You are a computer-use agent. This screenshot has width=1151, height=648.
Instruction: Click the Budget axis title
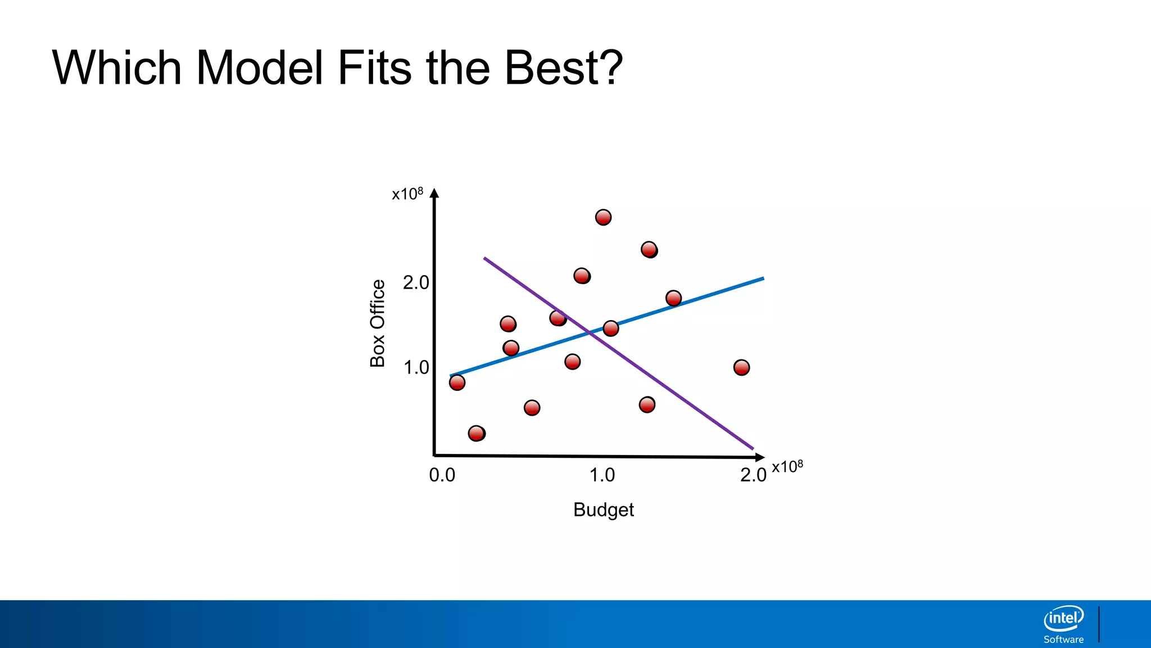coord(603,510)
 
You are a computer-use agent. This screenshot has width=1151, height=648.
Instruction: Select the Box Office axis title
coord(378,323)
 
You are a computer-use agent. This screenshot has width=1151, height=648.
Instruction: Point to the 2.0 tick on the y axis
coord(416,282)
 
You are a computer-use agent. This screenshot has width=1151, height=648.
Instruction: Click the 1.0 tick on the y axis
coord(416,368)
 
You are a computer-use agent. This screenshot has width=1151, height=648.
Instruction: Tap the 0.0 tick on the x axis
coord(442,475)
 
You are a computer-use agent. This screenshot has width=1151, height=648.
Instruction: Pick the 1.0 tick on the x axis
coord(602,475)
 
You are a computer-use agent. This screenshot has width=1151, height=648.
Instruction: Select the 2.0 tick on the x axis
coord(753,475)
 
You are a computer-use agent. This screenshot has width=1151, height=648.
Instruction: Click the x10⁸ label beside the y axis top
coord(407,194)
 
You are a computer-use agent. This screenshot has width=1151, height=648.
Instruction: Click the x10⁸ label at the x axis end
coord(787,467)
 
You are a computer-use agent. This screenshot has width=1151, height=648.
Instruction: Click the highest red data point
coord(603,217)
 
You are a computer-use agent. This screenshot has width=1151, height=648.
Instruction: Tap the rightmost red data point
coord(741,367)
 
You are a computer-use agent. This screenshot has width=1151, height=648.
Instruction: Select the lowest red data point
coord(476,433)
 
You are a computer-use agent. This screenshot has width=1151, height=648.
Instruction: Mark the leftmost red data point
coord(457,382)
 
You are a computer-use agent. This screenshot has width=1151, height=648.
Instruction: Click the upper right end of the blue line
coord(762,278)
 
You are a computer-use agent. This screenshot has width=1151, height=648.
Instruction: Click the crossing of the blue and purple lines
coord(590,332)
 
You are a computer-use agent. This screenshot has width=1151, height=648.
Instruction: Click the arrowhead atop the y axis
coord(434,193)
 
